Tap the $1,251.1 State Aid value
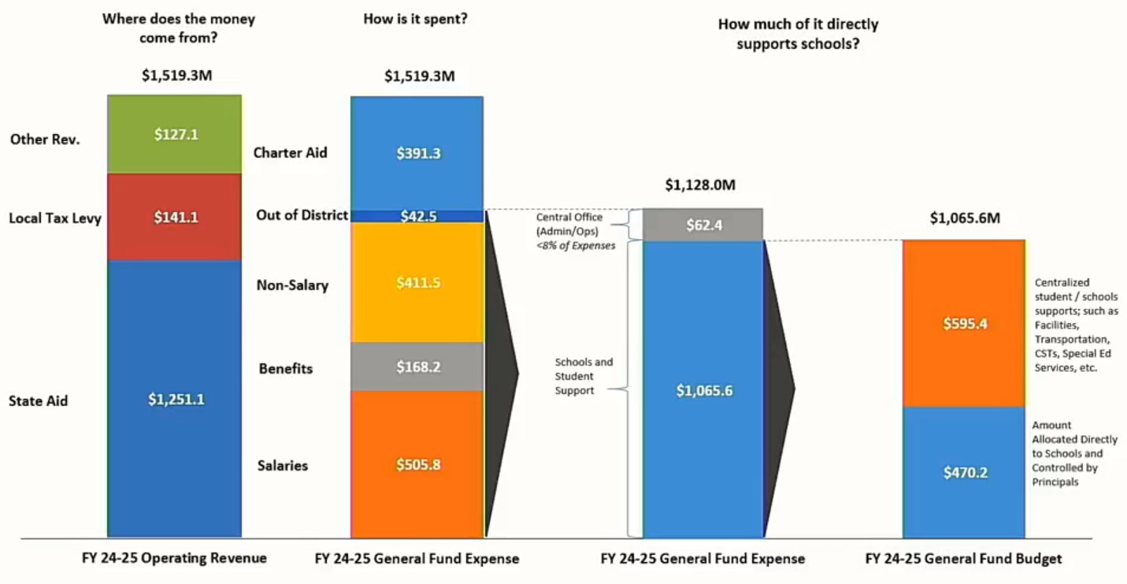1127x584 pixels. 176,400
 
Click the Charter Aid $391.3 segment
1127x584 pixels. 417,153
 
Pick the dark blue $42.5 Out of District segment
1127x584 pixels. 417,216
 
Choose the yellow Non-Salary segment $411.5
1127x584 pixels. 417,283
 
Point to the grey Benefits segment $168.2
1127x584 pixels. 417,366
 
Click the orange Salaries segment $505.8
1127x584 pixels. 417,464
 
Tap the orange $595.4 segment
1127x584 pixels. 965,323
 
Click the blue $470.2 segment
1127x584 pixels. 965,473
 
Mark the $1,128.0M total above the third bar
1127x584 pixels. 700,185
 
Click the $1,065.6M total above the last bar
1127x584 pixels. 965,218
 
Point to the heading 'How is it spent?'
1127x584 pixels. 415,18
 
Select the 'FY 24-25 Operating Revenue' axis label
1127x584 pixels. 174,558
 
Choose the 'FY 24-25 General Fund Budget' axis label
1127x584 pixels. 963,559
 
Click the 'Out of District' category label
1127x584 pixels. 302,215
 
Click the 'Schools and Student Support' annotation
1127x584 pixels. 583,376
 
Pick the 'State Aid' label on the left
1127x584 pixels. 39,400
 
